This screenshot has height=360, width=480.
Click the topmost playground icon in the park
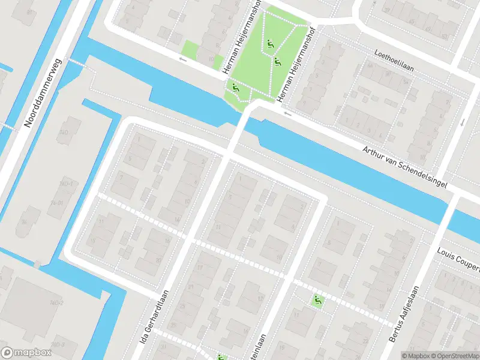point(271,43)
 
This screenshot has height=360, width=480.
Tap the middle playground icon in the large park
point(277,61)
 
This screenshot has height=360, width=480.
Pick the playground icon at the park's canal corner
point(235,88)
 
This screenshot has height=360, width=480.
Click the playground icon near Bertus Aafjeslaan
point(317,300)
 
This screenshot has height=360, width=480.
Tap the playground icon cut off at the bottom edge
point(221,357)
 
